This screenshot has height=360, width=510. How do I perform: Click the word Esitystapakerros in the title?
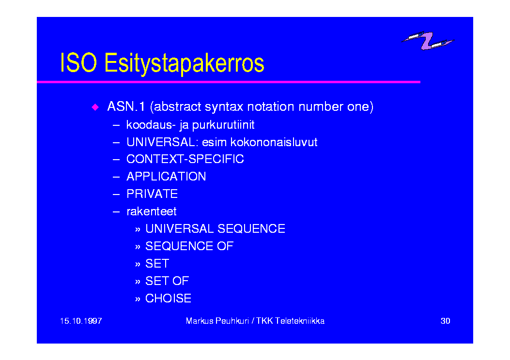184,63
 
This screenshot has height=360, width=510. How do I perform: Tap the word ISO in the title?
79,62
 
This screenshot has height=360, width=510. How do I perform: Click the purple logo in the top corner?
428,41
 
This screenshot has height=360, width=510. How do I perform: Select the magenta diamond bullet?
95,107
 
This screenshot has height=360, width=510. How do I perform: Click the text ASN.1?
126,106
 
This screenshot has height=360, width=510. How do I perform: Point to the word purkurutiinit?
223,125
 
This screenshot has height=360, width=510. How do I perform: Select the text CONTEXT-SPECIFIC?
185,159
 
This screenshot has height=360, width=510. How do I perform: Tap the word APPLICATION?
166,177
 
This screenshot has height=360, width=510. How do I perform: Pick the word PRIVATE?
152,194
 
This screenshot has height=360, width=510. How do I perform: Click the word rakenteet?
152,211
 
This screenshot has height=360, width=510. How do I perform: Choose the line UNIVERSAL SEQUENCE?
216,229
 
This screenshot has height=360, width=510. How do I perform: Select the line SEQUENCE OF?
189,246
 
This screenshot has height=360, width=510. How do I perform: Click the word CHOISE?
168,299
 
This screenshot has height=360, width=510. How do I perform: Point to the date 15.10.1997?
81,321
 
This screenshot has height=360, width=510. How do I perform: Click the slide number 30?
445,321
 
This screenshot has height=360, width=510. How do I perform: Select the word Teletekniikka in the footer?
300,321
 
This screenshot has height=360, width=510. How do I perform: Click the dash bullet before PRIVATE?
116,195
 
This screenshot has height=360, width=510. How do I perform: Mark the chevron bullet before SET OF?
138,282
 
